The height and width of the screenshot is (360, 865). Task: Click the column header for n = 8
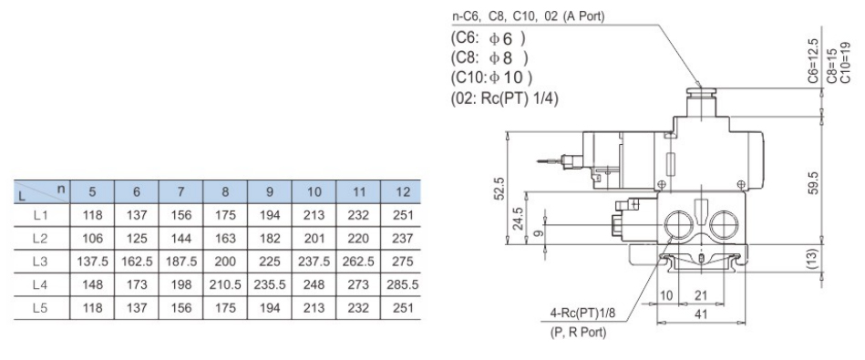point(225,192)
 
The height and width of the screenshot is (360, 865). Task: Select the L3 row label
point(41,262)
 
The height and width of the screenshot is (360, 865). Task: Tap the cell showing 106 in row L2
point(92,238)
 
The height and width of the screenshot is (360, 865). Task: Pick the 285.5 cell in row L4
point(403,285)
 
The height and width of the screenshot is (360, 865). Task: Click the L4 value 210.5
point(225,285)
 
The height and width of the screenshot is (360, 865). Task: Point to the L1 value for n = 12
point(403,215)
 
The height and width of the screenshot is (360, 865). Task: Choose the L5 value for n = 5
point(92,308)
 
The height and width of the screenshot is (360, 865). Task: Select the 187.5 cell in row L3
point(181,262)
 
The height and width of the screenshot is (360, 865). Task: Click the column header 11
point(358,192)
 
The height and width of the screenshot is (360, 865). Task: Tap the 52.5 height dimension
point(499,189)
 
